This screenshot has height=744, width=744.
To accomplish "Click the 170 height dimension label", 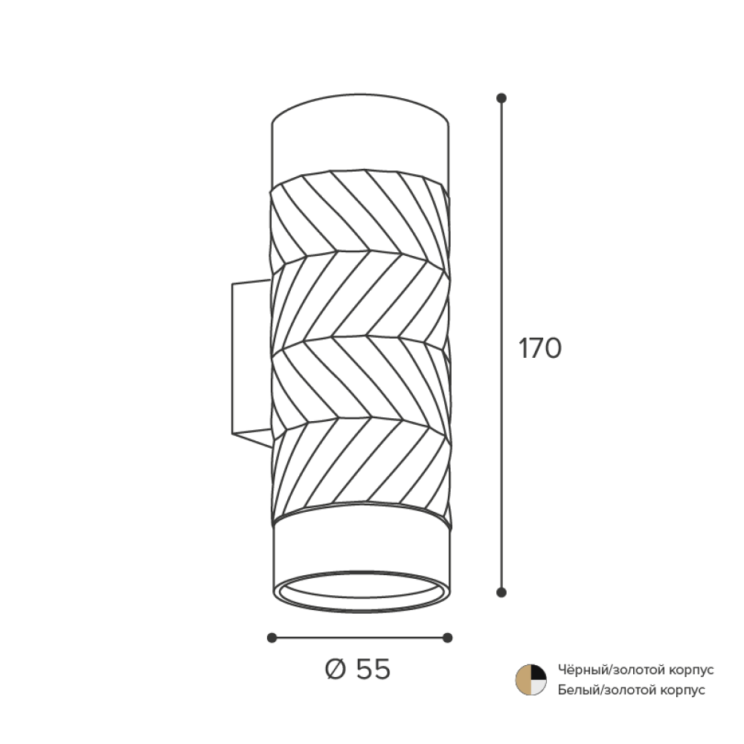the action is coord(540,348).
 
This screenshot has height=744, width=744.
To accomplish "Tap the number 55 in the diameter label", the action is coord(373,670).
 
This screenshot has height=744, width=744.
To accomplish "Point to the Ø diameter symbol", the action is coord(336,670).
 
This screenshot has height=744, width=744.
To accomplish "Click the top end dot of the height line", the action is coord(501,98).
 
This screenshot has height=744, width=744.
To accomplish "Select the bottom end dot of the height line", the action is coord(501,592).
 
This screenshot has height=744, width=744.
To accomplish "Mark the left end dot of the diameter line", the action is coord(272,638).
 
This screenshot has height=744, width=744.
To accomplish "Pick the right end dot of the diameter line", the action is coord(447,638).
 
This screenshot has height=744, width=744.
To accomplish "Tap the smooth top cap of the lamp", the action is coord(360,138).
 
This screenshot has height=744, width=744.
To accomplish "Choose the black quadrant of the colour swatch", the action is coord(539,673).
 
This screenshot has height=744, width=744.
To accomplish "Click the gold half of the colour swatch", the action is coord(523,680).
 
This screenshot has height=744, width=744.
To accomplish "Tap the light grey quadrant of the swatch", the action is coord(538,687).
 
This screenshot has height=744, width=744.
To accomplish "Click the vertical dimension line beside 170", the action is coord(501,345).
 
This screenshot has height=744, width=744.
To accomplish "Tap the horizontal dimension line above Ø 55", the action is coord(359,638).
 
